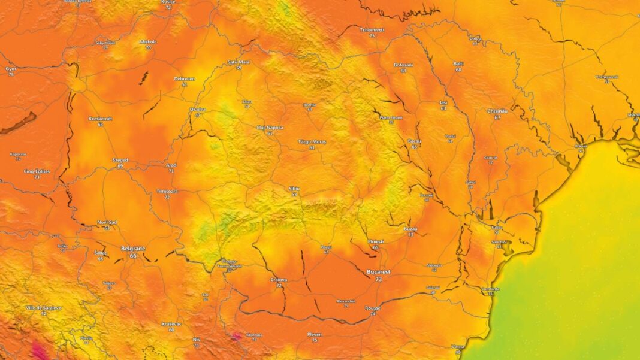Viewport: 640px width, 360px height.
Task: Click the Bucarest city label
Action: click(378, 272)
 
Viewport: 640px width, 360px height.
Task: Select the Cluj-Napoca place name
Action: click(270, 127)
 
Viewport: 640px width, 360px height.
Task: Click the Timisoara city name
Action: click(167, 190)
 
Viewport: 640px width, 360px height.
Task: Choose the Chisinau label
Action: click(497, 111)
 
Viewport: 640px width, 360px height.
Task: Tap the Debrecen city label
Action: click(184, 78)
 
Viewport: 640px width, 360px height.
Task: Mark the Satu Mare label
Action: click(239, 62)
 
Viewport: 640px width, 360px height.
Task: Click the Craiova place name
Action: click(279, 279)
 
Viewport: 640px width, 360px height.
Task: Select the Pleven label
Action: click(315, 334)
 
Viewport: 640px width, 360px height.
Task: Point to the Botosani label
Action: click(403, 64)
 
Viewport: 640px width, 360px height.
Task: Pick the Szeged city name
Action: click(120, 160)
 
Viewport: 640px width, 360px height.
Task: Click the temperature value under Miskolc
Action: click(147, 48)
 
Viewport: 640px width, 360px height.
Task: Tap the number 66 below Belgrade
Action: click(133, 256)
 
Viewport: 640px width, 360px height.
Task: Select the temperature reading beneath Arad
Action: click(171, 171)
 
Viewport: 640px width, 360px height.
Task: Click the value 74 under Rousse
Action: click(373, 314)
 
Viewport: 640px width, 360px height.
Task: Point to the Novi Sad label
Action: click(107, 222)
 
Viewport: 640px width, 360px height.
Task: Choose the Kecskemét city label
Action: click(100, 118)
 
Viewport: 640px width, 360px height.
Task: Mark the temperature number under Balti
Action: click(458, 70)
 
